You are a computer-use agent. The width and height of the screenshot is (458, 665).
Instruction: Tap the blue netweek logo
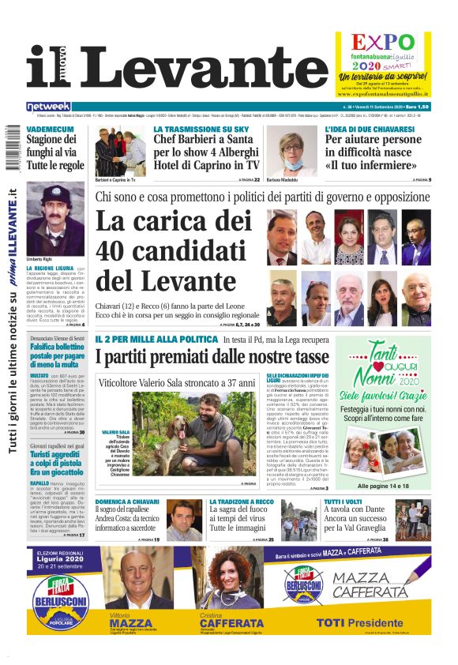pyautogui.click(x=48, y=107)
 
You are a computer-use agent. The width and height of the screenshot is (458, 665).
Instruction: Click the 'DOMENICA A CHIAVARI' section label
pyautogui.click(x=128, y=502)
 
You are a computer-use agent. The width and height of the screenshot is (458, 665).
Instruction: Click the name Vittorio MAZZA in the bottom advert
pyautogui.click(x=130, y=620)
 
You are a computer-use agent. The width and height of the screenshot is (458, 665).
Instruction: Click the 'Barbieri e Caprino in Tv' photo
pyautogui.click(x=122, y=152)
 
